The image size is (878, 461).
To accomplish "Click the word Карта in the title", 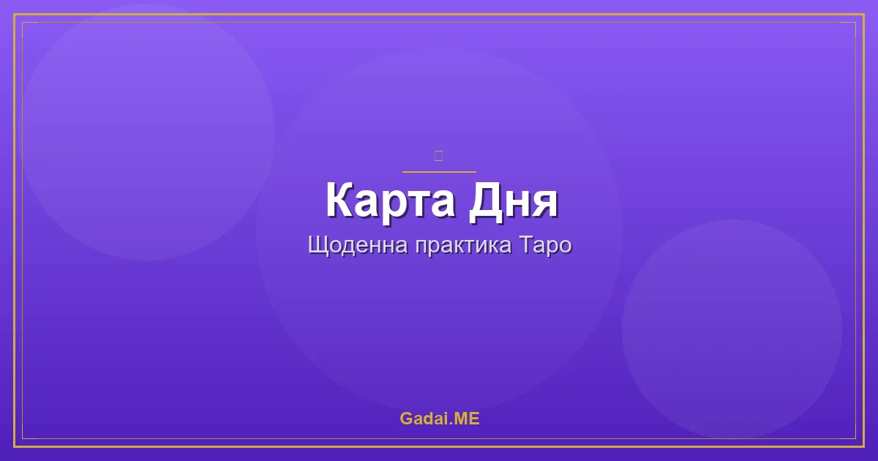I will click(388, 200).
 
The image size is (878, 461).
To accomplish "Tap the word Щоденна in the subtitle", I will click(358, 245).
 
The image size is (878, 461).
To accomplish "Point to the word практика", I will click(463, 245).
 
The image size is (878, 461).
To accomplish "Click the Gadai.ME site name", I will click(439, 419).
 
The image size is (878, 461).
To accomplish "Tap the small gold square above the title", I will click(438, 155).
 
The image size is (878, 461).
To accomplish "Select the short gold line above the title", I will click(439, 172).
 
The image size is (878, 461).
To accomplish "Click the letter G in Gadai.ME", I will click(406, 419).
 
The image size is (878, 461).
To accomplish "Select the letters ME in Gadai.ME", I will click(468, 419).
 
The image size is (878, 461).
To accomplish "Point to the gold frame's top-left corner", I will click(15, 15).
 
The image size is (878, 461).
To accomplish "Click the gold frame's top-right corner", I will click(863, 15).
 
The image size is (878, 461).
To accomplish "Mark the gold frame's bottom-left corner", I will click(15, 446).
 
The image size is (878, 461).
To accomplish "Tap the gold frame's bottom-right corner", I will click(863, 446).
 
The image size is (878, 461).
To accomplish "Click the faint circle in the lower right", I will click(732, 329).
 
